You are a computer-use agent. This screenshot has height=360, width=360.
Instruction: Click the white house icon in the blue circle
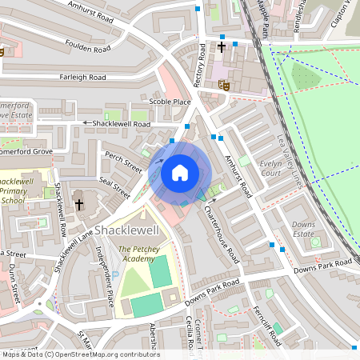[x=180, y=171]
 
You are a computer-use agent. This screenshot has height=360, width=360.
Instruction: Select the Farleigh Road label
[x=82, y=78]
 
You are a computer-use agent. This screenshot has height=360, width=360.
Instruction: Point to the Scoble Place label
[x=170, y=102]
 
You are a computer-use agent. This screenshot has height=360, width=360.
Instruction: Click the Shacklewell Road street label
[x=121, y=125]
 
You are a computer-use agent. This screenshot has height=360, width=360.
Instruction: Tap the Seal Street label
[x=114, y=183]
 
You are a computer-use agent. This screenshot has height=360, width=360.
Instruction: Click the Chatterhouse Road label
[x=222, y=233]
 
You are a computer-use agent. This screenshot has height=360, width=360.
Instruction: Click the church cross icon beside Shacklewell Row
[x=79, y=205]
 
